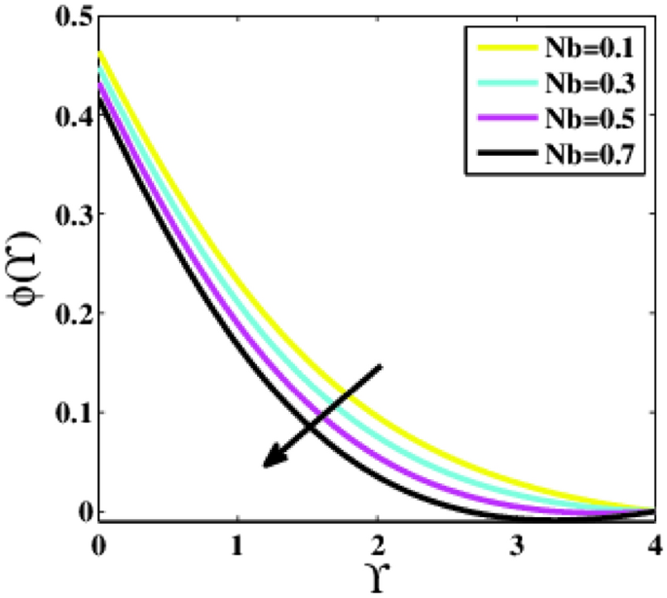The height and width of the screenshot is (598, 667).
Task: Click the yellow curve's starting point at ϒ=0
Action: [98, 51]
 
